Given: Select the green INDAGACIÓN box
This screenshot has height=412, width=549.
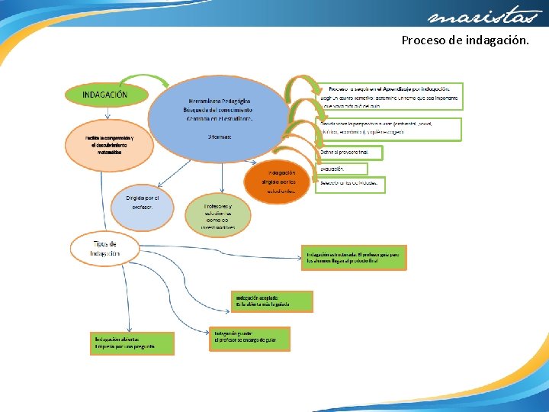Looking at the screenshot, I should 105,95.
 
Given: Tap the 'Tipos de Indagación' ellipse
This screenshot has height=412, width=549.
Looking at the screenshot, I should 105,247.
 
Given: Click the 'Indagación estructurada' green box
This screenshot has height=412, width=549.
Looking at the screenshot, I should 355,257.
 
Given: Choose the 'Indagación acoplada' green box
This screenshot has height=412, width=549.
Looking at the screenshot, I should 272,301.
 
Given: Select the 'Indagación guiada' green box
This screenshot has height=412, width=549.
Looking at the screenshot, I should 251,338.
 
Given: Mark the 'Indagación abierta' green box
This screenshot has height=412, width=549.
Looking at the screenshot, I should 131,343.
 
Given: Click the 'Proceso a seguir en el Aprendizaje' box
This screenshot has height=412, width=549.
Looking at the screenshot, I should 390,96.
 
